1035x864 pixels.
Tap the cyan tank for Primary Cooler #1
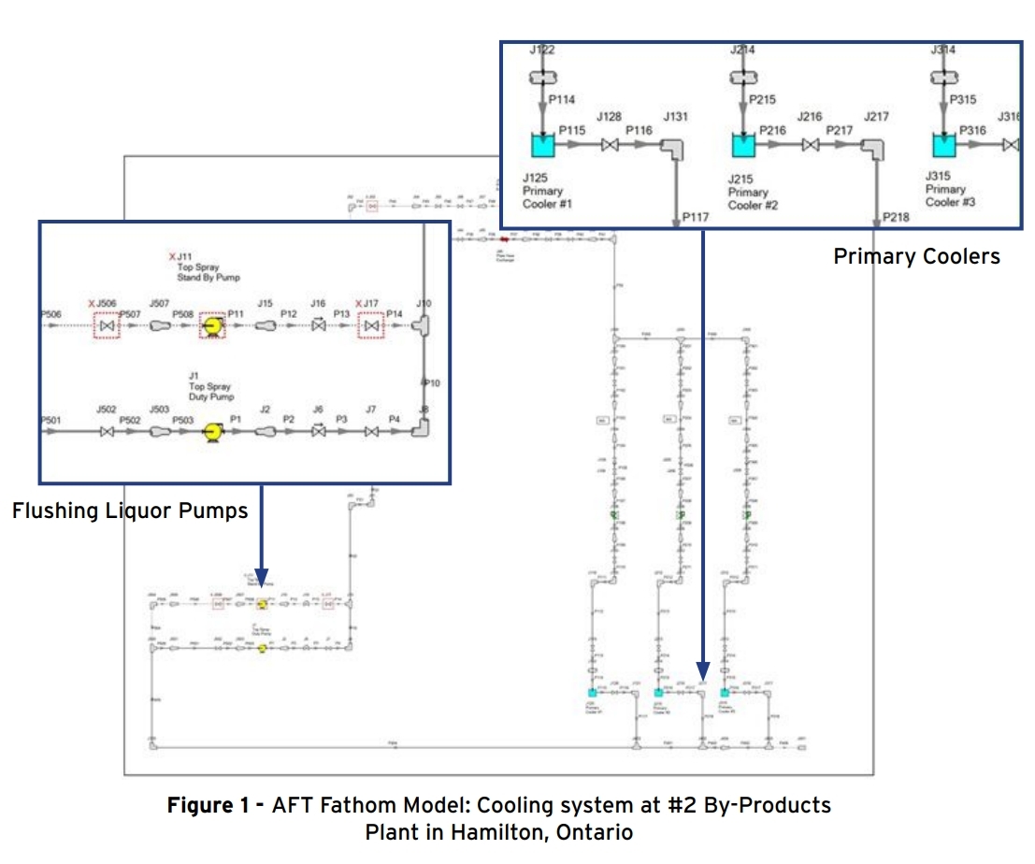pyautogui.click(x=542, y=147)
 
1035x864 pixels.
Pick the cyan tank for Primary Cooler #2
pyautogui.click(x=742, y=147)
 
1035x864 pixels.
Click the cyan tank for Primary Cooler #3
pyautogui.click(x=944, y=147)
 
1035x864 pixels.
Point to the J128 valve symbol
pyautogui.click(x=610, y=147)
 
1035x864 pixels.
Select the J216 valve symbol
pyautogui.click(x=811, y=147)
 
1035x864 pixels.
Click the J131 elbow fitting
pyautogui.click(x=673, y=149)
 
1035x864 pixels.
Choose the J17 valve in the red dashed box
pyautogui.click(x=373, y=325)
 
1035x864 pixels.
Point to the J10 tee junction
pyautogui.click(x=424, y=325)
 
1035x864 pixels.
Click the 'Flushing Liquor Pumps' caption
pyautogui.click(x=130, y=511)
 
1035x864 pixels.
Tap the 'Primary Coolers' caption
pyautogui.click(x=916, y=256)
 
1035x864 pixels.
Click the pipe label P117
pyautogui.click(x=695, y=217)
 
